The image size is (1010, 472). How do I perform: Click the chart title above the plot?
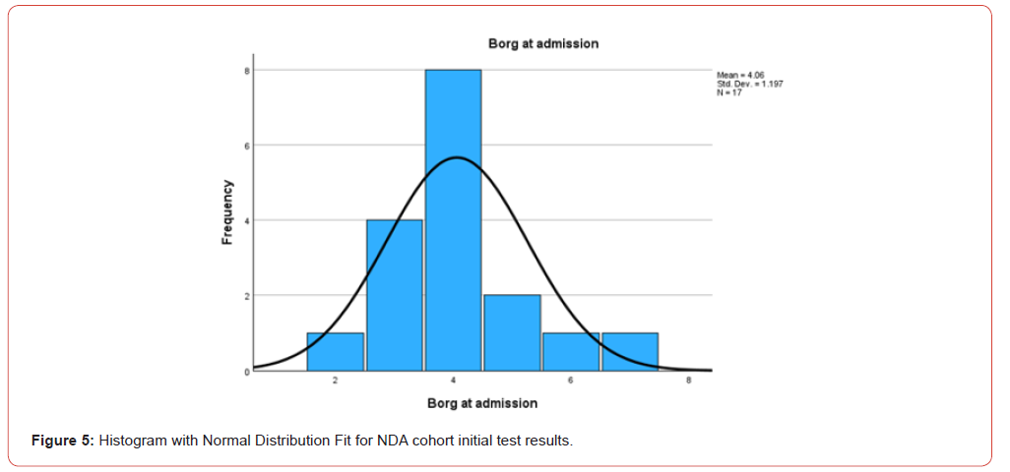pos(543,44)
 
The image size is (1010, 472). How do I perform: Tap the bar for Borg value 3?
pos(394,295)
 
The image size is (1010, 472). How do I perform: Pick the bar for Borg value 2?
pos(335,352)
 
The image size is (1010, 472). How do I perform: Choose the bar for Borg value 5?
pos(512,332)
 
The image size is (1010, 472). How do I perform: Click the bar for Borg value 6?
pos(571,352)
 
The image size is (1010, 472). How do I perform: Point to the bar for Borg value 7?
pos(630,352)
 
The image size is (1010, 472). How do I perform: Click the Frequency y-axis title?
pos(227,211)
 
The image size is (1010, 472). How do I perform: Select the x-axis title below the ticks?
pos(482,403)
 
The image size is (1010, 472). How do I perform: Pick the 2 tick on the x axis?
pos(335,381)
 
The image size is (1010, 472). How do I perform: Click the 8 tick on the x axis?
pos(689,381)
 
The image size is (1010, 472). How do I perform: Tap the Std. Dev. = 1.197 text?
pos(750,84)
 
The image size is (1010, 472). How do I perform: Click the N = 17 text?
pos(729,92)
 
